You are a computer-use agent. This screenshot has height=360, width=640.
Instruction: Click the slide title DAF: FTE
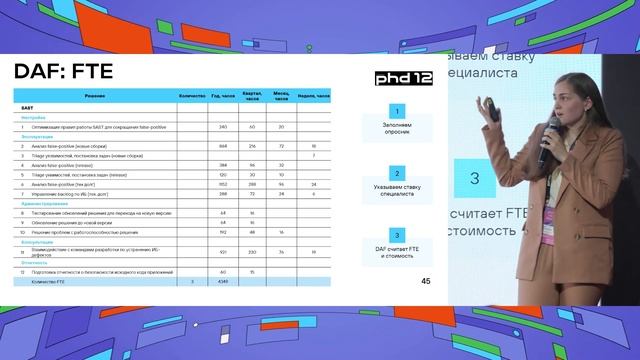62,71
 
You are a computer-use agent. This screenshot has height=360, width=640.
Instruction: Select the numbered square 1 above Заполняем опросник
398,111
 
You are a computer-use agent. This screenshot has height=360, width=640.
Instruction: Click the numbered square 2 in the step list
398,170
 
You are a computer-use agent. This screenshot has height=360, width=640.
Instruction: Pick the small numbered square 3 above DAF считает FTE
398,234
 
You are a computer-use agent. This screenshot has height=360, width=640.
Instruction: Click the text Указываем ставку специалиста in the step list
398,190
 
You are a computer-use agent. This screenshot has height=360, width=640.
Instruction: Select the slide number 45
426,281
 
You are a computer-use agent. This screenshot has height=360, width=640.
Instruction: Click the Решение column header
96,95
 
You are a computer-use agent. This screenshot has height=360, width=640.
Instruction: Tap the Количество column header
191,95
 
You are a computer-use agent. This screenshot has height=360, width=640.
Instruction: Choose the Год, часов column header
222,95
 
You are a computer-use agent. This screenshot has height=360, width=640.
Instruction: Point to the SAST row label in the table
27,106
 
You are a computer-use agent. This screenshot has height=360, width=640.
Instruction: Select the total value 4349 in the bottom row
222,283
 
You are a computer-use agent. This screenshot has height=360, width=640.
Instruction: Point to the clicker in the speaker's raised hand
493,109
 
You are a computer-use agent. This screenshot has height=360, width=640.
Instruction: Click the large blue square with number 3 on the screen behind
475,177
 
